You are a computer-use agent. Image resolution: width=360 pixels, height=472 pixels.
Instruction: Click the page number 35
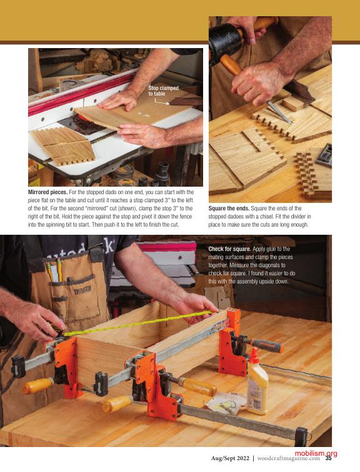(328, 458)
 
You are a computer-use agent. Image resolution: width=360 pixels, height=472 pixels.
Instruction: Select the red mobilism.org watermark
(316, 453)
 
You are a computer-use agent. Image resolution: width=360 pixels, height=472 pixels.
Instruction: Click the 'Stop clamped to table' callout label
(163, 91)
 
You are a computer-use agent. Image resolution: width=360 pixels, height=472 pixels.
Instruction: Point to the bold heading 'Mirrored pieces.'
(47, 192)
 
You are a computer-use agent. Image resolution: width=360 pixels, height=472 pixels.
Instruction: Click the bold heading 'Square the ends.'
(229, 209)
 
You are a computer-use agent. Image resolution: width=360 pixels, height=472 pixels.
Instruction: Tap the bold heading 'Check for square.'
(229, 249)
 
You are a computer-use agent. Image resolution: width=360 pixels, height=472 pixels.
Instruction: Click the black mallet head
(225, 41)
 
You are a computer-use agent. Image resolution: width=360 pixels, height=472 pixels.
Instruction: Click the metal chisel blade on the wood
(279, 112)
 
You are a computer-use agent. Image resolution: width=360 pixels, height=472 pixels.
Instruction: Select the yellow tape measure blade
(139, 323)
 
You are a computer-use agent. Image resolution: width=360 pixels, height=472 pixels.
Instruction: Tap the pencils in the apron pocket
(54, 271)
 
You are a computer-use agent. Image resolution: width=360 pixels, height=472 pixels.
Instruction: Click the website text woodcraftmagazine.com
(289, 458)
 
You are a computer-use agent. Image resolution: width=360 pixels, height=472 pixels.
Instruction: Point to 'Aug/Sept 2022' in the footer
(230, 458)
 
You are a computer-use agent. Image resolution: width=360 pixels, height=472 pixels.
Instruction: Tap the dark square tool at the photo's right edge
(324, 155)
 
